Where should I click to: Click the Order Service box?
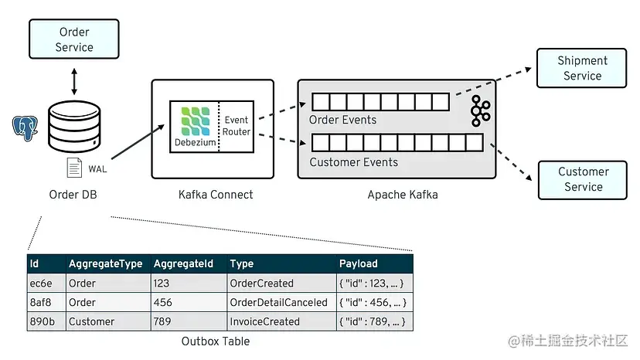[x=73, y=40]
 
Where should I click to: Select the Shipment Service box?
[x=582, y=68]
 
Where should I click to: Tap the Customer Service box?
[x=584, y=179]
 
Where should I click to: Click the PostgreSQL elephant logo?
[x=25, y=128]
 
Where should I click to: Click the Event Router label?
[x=237, y=126]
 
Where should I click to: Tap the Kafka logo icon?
[x=480, y=112]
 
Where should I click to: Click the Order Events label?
[x=342, y=120]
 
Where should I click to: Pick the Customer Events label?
[x=353, y=162]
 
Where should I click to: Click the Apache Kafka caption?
[x=402, y=195]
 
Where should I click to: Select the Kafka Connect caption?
[x=210, y=195]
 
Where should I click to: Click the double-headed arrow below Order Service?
[x=74, y=81]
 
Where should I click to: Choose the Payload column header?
[x=359, y=263]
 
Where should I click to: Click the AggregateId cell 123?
[x=162, y=283]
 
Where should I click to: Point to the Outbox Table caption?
[x=216, y=341]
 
